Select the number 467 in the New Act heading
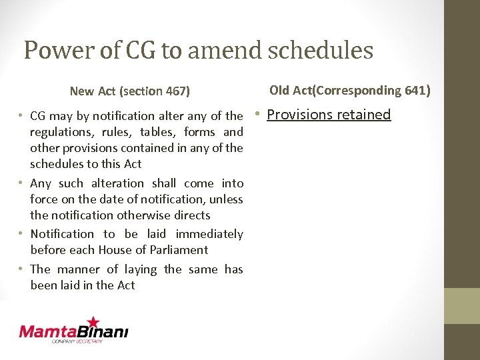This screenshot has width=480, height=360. tap(177, 91)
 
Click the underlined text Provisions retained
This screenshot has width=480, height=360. tap(329, 115)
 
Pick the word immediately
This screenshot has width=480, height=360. tap(209, 234)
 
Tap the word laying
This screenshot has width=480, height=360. tap(141, 269)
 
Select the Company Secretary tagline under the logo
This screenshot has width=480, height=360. tap(78, 341)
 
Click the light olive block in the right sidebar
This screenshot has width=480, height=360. tap(462, 305)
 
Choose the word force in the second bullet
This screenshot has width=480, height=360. tap(44, 199)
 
